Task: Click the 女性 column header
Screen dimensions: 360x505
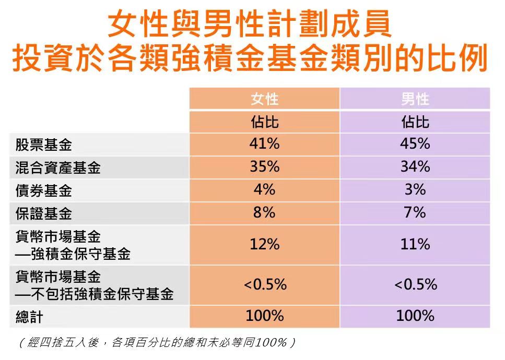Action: click(x=265, y=99)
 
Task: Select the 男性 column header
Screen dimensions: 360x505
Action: click(x=415, y=99)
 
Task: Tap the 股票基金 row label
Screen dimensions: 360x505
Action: click(x=43, y=146)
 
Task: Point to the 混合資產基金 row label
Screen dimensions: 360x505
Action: click(x=58, y=168)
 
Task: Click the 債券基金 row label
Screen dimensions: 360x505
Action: click(x=43, y=191)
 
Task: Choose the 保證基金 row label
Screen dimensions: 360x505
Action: click(x=43, y=214)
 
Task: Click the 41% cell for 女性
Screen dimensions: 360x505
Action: click(x=264, y=144)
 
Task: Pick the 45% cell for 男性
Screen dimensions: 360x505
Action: click(x=415, y=144)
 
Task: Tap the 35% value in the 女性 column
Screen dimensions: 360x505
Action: click(x=264, y=167)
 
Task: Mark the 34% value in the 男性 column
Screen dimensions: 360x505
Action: click(x=415, y=167)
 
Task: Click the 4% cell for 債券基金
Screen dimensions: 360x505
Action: click(x=264, y=190)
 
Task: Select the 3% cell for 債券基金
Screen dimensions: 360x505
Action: click(x=415, y=190)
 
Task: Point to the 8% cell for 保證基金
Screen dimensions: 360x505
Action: click(x=264, y=213)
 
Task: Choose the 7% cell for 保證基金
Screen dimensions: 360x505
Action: click(x=415, y=213)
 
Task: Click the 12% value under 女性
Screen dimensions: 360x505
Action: click(x=264, y=244)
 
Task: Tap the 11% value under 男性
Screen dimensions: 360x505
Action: click(x=415, y=244)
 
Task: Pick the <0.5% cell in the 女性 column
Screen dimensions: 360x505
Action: click(x=265, y=285)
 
